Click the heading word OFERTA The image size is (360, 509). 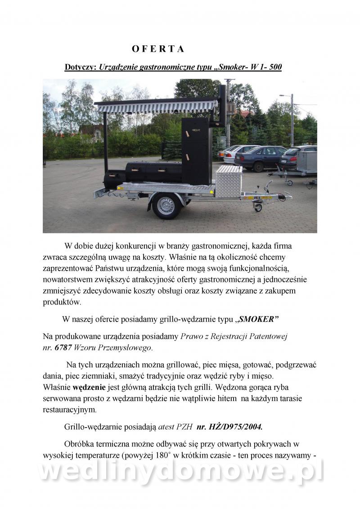158,49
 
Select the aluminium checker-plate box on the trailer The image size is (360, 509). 229,180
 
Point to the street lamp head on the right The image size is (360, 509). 282,96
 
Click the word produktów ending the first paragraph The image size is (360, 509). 62,302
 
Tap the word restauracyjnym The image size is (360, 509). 69,410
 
